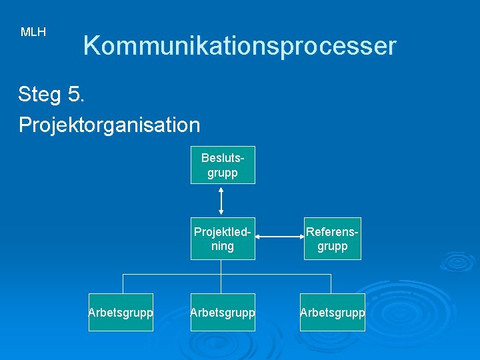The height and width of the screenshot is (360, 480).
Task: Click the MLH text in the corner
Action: click(x=33, y=32)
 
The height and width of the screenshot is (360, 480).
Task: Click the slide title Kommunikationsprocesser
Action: click(x=239, y=46)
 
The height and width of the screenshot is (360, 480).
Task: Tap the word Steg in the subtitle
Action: click(x=39, y=95)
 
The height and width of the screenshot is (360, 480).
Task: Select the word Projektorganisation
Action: click(x=109, y=124)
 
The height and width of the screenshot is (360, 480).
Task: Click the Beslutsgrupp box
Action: click(x=223, y=165)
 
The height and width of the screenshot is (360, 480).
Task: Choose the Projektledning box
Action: click(x=223, y=239)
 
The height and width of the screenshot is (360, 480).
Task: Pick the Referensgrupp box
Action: click(x=332, y=239)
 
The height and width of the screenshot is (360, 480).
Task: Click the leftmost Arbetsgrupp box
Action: click(x=121, y=312)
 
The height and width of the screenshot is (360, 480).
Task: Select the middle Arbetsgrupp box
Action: click(x=223, y=312)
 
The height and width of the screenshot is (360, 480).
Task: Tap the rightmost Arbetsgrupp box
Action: click(x=332, y=312)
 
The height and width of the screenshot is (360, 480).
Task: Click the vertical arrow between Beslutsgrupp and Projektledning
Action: click(x=221, y=200)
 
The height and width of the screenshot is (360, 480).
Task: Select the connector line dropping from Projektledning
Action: click(x=221, y=266)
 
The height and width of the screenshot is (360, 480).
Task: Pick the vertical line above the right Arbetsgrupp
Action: click(x=332, y=283)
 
